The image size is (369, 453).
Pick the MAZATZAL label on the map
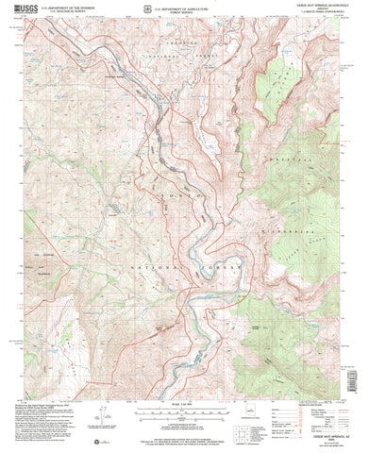tap(300, 196)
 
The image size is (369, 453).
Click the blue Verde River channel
tap(193, 311)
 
